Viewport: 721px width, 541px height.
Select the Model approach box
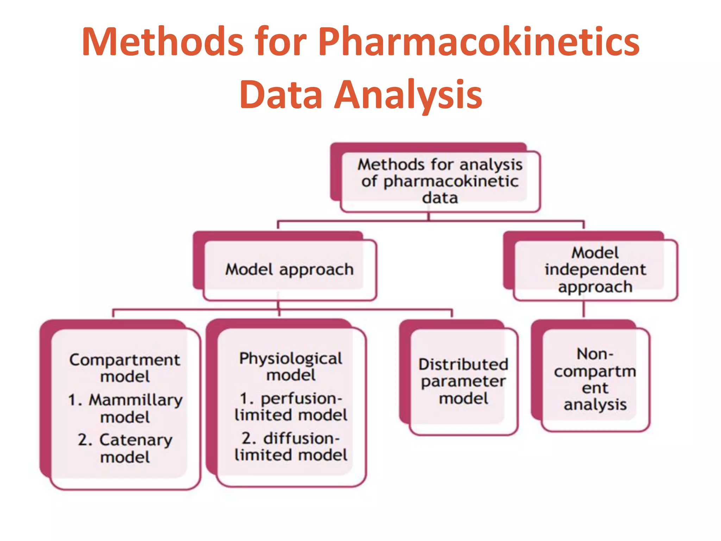(x=289, y=270)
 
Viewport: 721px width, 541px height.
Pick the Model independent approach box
(x=595, y=270)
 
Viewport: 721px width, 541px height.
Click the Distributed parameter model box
(x=463, y=381)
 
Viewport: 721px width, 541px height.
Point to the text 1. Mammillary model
(x=125, y=409)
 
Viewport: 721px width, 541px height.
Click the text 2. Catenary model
(x=125, y=448)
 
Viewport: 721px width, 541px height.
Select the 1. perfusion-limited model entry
(x=291, y=407)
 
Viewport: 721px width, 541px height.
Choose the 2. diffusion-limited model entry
(x=291, y=447)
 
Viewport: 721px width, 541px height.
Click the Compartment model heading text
(x=125, y=368)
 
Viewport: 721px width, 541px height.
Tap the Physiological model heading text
(x=291, y=366)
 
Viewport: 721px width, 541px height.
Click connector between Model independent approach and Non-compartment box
(x=583, y=309)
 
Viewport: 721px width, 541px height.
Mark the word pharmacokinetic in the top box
(x=451, y=182)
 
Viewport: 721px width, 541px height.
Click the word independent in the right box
(x=595, y=270)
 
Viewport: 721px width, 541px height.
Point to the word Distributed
(x=463, y=365)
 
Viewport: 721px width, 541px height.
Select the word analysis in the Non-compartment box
(x=595, y=404)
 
